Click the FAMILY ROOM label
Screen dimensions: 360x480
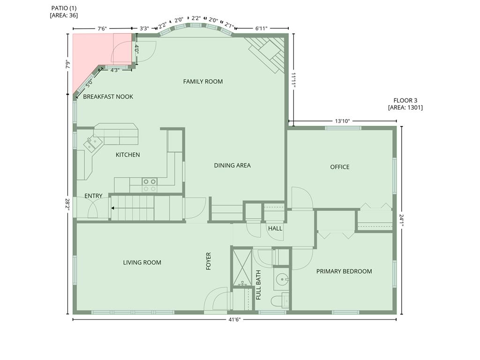pyautogui.click(x=202, y=82)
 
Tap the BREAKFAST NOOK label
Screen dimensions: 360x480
pyautogui.click(x=108, y=97)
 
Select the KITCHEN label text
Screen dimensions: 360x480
pyautogui.click(x=127, y=155)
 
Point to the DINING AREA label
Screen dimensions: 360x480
pyautogui.click(x=232, y=165)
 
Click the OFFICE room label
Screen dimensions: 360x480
pyautogui.click(x=339, y=167)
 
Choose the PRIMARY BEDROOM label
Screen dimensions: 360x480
pyautogui.click(x=344, y=271)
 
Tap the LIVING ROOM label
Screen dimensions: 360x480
pyautogui.click(x=142, y=262)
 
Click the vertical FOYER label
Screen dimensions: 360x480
pyautogui.click(x=209, y=262)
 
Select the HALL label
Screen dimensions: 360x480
pyautogui.click(x=275, y=228)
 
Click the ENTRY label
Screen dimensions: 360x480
pyautogui.click(x=93, y=196)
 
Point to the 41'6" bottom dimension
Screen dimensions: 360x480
pyautogui.click(x=234, y=320)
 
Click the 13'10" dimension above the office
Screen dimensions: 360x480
pyautogui.click(x=342, y=121)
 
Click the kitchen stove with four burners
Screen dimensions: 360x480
pyautogui.click(x=150, y=185)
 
